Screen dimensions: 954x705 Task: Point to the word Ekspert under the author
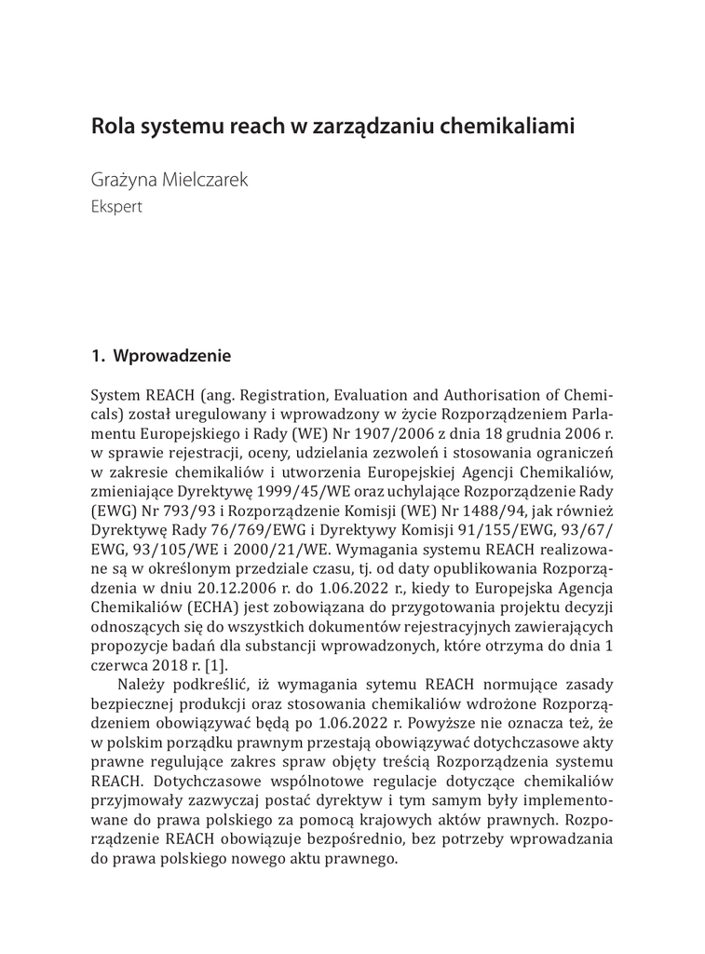pos(116,207)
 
